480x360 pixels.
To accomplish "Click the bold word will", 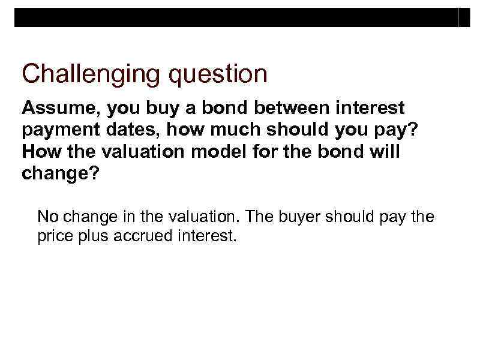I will click(x=383, y=152).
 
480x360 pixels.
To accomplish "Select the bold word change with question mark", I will click(x=55, y=173).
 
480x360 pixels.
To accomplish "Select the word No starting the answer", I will click(x=47, y=216).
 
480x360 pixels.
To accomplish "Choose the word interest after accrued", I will click(x=206, y=236).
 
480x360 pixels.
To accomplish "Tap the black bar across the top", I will click(x=240, y=18).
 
